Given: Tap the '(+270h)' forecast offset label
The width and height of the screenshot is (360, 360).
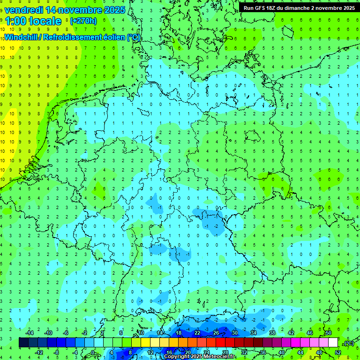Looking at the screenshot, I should pos(83,21).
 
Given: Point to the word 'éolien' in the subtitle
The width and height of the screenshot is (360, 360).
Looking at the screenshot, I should pos(110,37).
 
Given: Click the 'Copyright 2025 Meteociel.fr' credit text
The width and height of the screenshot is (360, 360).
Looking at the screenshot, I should pos(200,357).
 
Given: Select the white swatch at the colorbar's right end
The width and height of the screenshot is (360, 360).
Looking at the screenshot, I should pos(333,343).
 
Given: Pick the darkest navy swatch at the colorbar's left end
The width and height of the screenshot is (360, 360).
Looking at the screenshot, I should pos(23,343).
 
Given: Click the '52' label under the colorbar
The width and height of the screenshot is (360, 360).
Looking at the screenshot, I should pos(338,352).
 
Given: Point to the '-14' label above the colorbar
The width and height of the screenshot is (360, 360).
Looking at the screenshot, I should pos(29,333).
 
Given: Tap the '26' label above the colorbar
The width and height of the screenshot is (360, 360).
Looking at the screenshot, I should pos(216,333).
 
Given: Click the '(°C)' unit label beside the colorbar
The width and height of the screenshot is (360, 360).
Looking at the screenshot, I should pos(348,343).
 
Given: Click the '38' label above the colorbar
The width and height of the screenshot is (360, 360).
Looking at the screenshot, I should pos(272,333).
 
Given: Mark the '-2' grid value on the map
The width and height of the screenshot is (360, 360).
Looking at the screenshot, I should pos(216,226).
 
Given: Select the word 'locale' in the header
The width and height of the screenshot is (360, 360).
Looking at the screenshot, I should pos(45,21).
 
